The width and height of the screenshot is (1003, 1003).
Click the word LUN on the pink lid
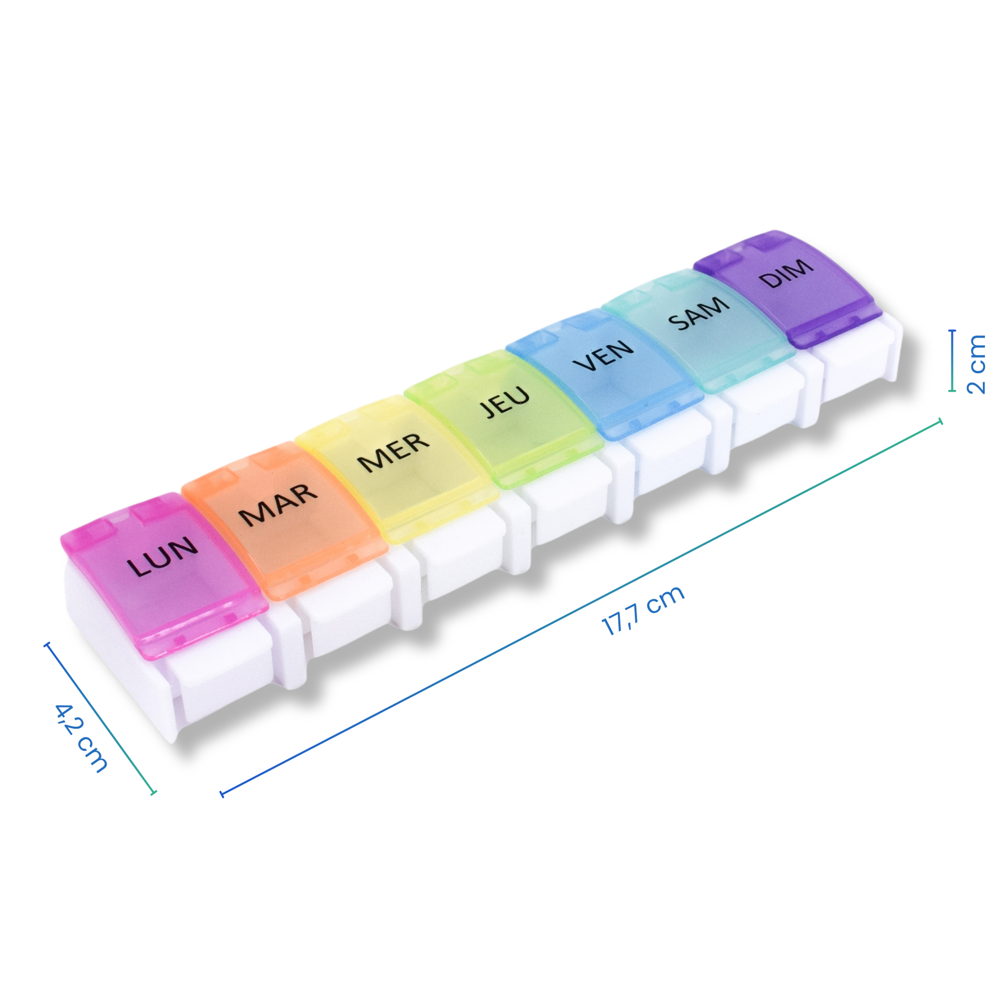click(162, 557)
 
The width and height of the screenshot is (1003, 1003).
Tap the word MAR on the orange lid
click(278, 504)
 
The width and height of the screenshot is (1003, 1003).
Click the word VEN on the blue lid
click(603, 355)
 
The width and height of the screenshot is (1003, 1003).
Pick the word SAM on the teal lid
click(698, 313)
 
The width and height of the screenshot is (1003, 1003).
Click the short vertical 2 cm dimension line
click(952, 360)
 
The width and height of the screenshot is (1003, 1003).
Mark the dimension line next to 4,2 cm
click(100, 718)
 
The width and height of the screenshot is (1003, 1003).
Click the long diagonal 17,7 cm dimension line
click(581, 608)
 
